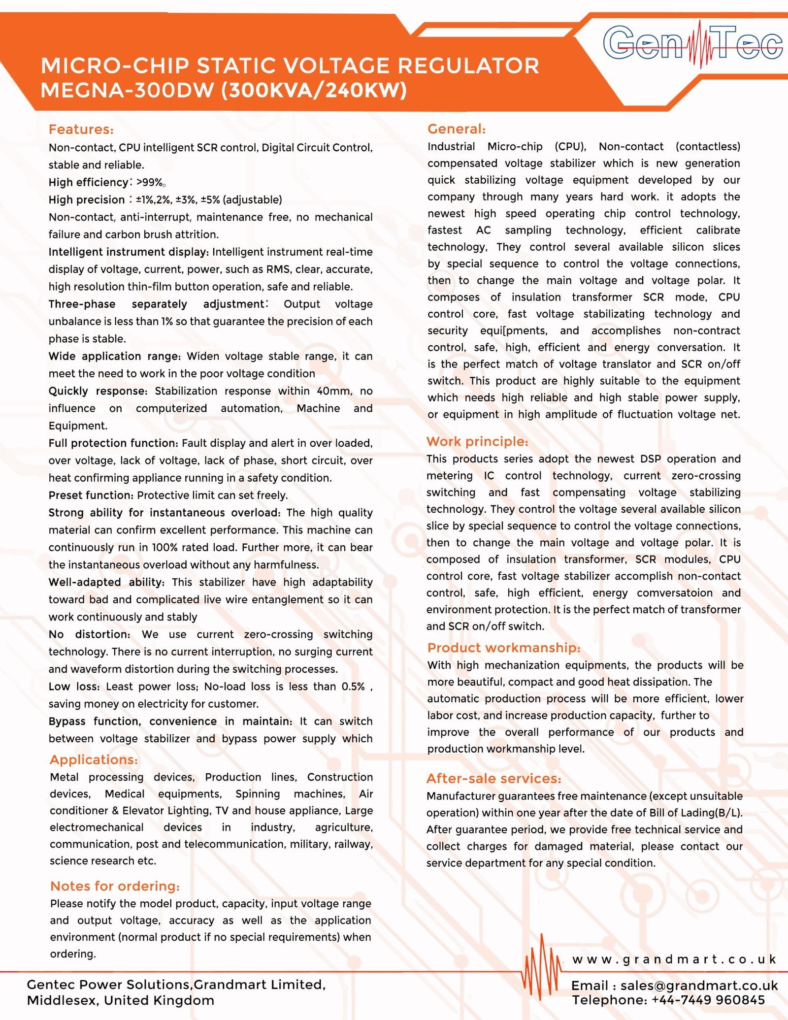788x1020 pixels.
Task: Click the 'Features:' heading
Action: (81, 130)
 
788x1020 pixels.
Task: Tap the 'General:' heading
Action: (457, 129)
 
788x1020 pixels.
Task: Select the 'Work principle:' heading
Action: (477, 441)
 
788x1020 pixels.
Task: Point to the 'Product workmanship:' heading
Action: (504, 648)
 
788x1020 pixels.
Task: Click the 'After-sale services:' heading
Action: (494, 778)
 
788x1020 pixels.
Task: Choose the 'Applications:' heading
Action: (94, 759)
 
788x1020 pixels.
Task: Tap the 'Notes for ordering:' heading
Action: (115, 886)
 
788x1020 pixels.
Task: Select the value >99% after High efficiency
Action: (150, 183)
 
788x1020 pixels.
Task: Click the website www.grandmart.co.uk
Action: (674, 959)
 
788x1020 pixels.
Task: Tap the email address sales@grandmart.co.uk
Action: (699, 986)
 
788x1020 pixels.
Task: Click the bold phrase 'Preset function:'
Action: (91, 495)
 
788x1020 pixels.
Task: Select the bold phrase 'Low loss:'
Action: (74, 687)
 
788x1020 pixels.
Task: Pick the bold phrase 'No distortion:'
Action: (89, 634)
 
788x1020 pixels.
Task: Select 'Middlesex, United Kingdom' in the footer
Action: (121, 1000)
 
